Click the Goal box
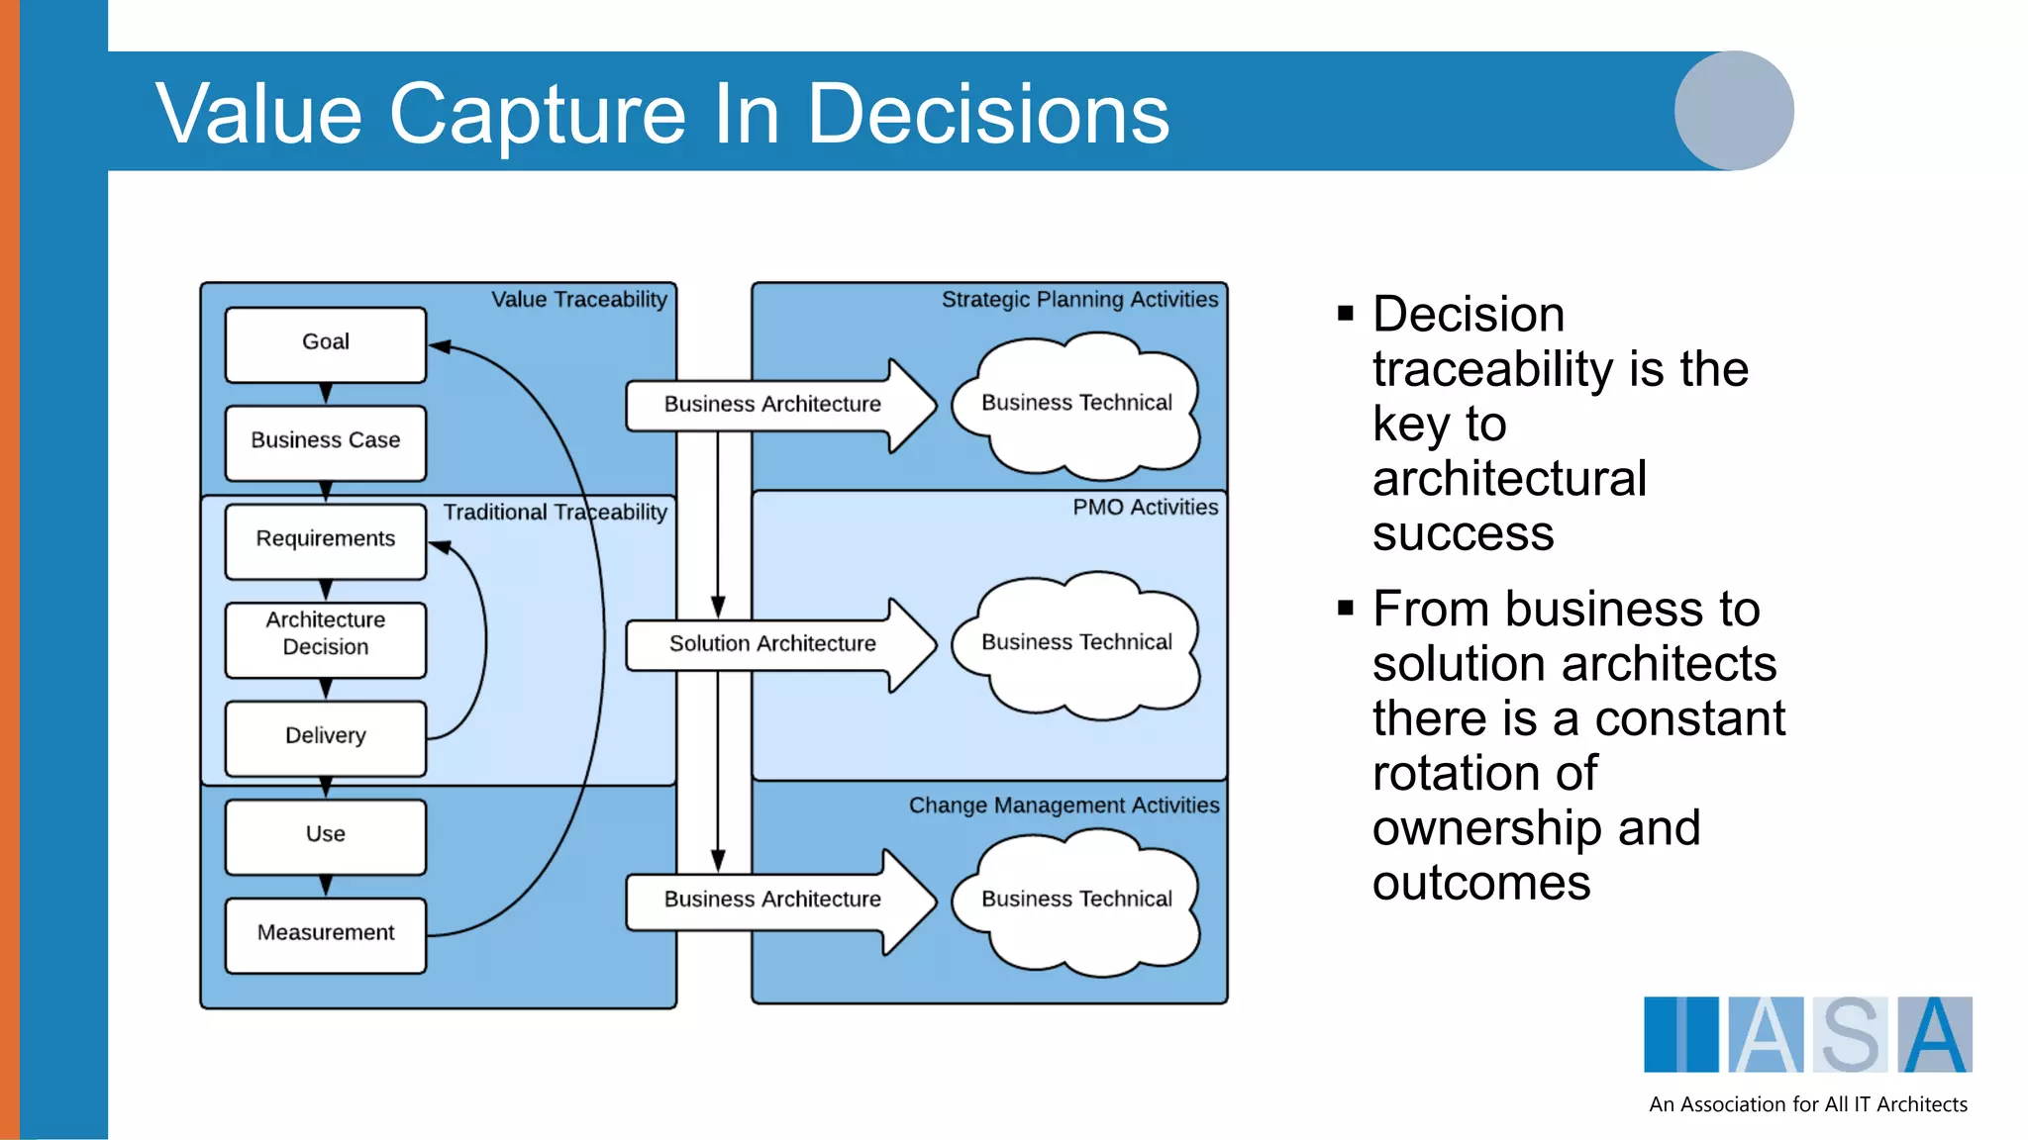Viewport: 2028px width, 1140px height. [326, 343]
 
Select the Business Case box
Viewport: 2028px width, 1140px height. [326, 441]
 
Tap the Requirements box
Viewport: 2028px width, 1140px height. [326, 540]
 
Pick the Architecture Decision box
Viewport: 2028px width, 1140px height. [326, 638]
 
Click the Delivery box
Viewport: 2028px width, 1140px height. [326, 737]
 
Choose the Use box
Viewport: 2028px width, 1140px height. [326, 835]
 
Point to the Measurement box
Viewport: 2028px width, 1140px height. [326, 934]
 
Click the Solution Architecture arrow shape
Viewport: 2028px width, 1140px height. [772, 644]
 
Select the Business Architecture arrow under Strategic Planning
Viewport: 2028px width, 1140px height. [772, 405]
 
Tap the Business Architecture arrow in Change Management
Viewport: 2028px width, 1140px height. [772, 900]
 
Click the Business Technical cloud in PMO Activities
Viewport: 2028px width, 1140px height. [1077, 643]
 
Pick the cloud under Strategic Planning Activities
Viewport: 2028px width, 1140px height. [1077, 404]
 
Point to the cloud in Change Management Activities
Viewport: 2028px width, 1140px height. [1077, 900]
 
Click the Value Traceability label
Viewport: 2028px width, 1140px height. [579, 300]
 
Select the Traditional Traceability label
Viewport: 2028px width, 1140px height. [555, 513]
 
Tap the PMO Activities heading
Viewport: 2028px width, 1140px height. [1146, 508]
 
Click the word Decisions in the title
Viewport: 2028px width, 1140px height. [988, 114]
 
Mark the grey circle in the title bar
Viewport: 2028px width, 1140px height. [1734, 111]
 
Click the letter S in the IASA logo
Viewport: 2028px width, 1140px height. [1850, 1035]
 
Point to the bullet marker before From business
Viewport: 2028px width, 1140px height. [1345, 608]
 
